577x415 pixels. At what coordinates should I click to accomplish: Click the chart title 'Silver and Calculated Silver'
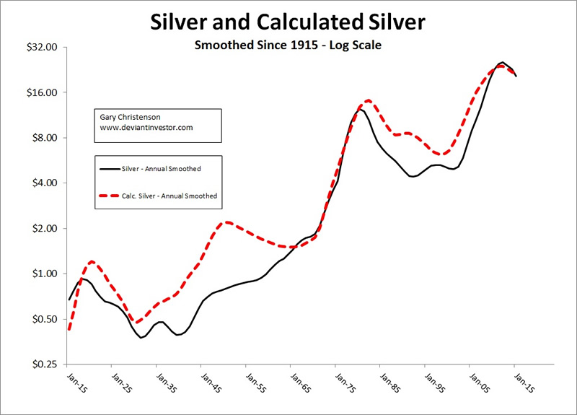(x=288, y=22)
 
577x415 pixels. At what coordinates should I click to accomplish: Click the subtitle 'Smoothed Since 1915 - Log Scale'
(x=288, y=45)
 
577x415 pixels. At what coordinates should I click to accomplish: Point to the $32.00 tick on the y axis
(x=45, y=48)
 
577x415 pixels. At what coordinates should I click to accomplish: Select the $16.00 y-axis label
(x=45, y=92)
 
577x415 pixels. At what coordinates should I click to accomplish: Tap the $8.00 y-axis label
(x=48, y=138)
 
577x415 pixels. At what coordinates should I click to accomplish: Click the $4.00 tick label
(x=48, y=183)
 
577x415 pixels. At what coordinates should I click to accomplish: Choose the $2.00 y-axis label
(x=48, y=229)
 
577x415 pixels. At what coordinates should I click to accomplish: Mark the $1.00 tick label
(x=48, y=274)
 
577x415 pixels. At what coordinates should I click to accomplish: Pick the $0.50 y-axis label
(x=48, y=319)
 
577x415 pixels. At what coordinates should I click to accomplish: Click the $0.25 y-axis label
(x=48, y=364)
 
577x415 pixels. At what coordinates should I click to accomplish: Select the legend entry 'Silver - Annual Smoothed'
(x=161, y=169)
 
